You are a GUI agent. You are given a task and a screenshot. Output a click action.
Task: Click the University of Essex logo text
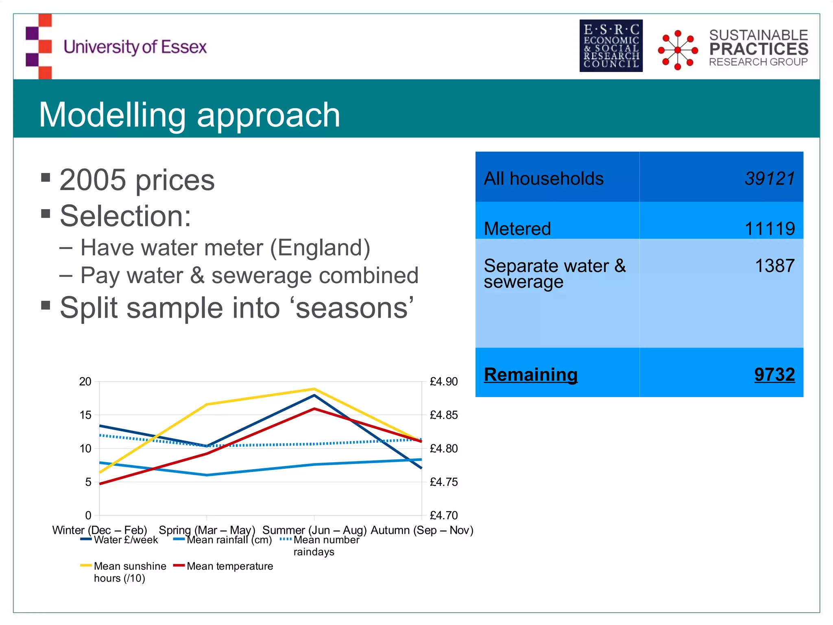[x=135, y=47]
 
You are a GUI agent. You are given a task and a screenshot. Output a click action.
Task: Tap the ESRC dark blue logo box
[x=611, y=46]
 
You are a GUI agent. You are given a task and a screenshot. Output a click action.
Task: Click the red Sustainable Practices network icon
[x=678, y=50]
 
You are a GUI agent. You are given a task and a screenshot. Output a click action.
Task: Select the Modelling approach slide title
[x=189, y=115]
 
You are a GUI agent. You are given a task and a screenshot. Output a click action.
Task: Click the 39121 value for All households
[x=770, y=179]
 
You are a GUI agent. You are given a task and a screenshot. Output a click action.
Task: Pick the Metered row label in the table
[x=517, y=229]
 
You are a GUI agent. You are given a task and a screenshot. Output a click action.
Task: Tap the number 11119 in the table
[x=770, y=229]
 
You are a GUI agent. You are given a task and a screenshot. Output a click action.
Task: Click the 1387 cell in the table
[x=774, y=266]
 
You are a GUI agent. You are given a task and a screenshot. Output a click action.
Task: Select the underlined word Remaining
[x=530, y=374]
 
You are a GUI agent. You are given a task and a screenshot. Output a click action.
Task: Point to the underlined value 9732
[x=774, y=374]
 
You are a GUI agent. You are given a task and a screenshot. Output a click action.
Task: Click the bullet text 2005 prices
[x=137, y=180]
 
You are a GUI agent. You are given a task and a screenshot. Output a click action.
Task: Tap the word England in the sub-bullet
[x=320, y=248]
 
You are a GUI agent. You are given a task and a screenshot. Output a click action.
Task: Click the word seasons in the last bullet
[x=352, y=308]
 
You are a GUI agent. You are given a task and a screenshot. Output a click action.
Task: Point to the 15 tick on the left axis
[x=85, y=415]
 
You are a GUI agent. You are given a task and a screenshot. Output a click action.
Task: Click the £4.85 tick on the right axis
[x=444, y=415]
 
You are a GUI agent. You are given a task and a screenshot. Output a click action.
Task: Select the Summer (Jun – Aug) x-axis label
[x=314, y=530]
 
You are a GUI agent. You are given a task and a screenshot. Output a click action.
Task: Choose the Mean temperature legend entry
[x=229, y=566]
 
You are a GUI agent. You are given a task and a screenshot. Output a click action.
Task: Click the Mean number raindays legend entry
[x=326, y=545]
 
